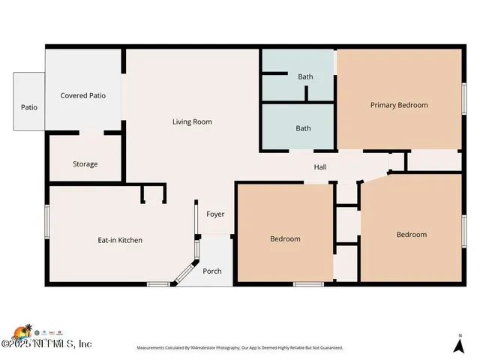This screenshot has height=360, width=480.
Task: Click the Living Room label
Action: click(192, 121)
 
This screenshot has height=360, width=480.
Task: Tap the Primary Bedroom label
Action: click(399, 105)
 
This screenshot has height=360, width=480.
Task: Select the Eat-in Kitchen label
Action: click(120, 240)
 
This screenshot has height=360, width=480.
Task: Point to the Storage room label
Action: click(85, 164)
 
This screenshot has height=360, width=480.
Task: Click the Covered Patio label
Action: click(82, 96)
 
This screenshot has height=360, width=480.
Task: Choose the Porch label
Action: click(212, 271)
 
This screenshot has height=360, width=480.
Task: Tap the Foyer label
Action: click(215, 214)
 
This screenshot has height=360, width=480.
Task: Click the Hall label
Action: click(319, 166)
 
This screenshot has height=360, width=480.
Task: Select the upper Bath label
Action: click(305, 76)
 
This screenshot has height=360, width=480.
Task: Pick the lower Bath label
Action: click(303, 128)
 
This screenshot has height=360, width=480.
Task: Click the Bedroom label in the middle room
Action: click(285, 239)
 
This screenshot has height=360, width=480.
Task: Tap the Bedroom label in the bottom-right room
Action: click(411, 235)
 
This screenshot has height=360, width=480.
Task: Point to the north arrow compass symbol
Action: click(459, 344)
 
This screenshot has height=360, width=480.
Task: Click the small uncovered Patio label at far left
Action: click(28, 107)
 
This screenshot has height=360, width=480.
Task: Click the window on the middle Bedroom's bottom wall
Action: click(307, 283)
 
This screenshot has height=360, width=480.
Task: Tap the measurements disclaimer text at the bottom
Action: click(239, 348)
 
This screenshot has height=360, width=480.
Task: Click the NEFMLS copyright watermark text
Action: click(48, 343)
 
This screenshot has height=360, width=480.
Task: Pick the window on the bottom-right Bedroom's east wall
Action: click(464, 231)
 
